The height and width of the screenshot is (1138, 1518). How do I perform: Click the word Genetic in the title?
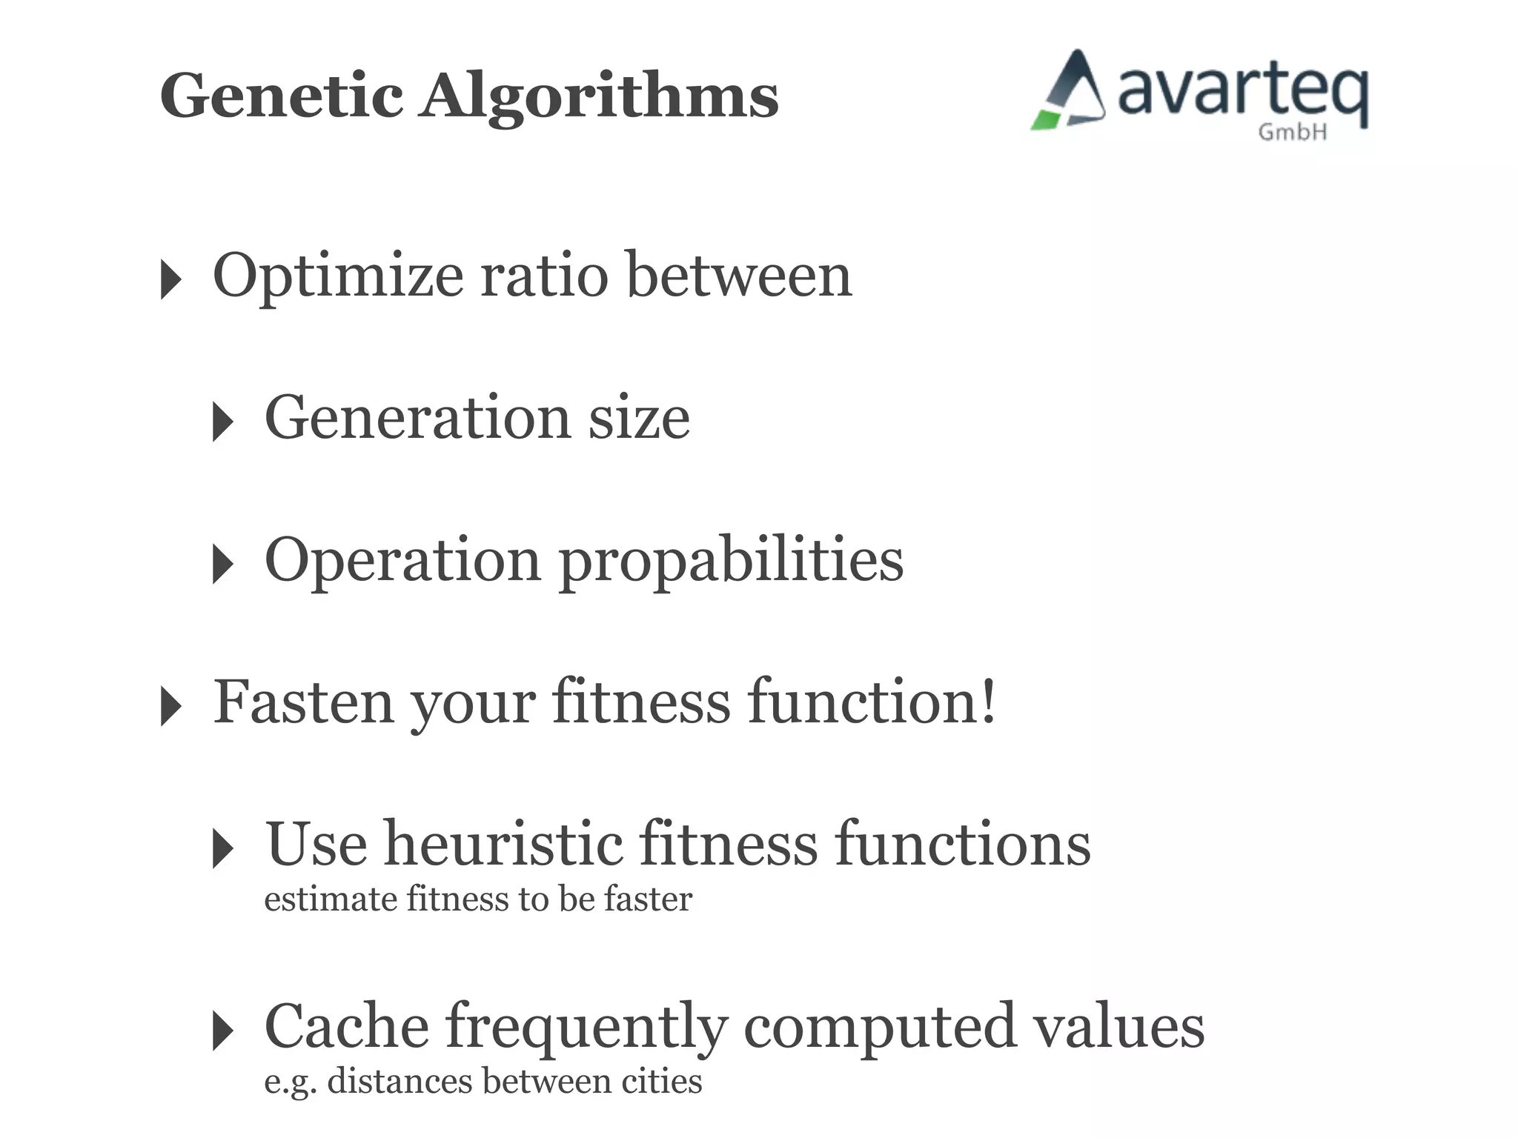click(282, 96)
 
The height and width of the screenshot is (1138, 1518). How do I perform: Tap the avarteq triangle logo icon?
click(1070, 92)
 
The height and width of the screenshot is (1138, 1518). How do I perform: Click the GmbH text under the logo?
click(1292, 133)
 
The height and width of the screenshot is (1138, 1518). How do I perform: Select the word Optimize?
click(338, 276)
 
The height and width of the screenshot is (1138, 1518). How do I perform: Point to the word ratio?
click(544, 275)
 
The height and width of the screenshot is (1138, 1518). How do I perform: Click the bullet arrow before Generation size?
click(222, 422)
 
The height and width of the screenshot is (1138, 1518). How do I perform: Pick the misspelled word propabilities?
click(731, 561)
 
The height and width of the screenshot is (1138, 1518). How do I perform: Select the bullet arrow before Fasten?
click(170, 706)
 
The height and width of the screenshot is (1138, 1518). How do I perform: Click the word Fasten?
click(303, 702)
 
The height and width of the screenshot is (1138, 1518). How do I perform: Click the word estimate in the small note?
click(331, 899)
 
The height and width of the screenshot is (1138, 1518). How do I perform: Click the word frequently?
click(586, 1028)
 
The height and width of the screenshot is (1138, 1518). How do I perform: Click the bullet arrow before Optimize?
click(170, 280)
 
